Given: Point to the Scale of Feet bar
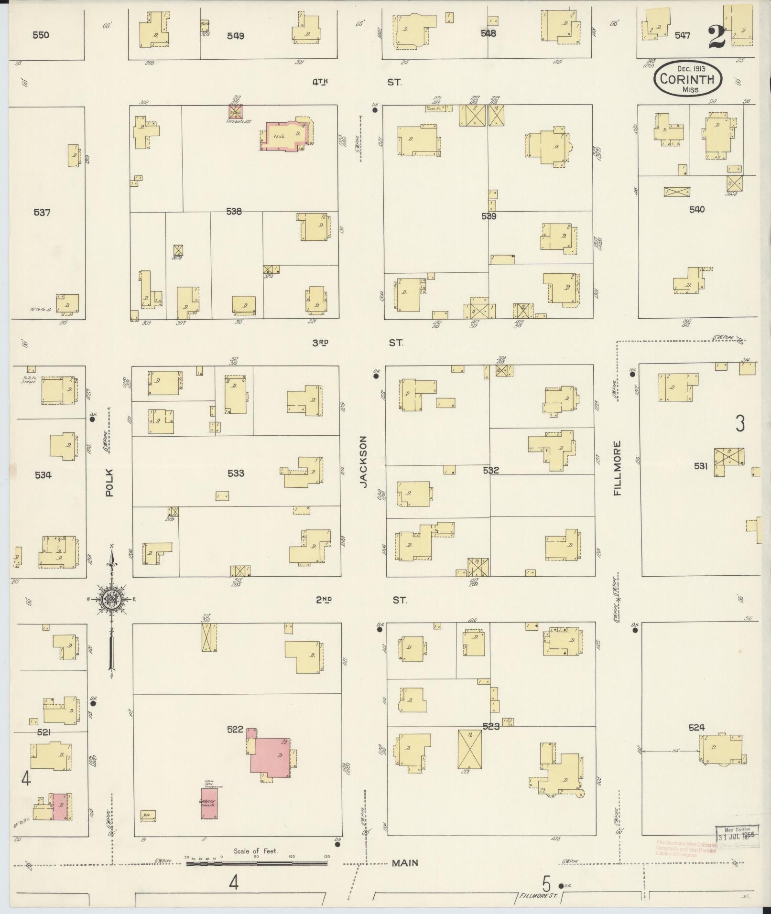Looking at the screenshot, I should pos(257,863).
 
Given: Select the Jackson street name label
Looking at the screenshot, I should pos(364,462).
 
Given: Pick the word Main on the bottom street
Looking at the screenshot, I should pos(405,863).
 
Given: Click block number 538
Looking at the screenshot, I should pos(234,211).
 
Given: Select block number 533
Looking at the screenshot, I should pos(236,473).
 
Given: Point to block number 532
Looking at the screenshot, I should pos(491,470).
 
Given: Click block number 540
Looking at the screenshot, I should pos(697,209).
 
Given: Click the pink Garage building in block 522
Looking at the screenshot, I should pos(207,804).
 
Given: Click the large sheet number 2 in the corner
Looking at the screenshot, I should pos(718,35).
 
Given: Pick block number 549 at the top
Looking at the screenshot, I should pos(235,36).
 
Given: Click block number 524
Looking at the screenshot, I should pos(696,741).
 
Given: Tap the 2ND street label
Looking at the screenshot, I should pos(323,600).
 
